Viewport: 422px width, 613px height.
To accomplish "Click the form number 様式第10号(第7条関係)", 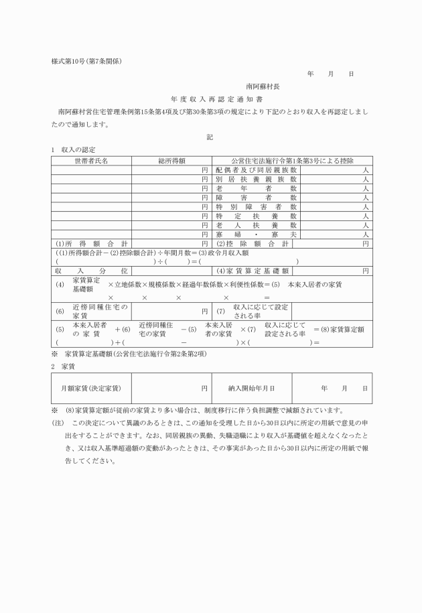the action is point(86,62).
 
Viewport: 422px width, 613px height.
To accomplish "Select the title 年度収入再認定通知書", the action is point(210,99).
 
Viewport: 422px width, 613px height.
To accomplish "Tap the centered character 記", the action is point(210,137).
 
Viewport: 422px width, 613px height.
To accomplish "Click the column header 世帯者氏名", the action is point(91,161).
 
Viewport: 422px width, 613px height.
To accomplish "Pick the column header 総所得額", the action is point(171,161).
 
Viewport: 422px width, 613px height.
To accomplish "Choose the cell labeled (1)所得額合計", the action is point(91,244).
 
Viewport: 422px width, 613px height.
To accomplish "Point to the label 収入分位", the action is point(91,271).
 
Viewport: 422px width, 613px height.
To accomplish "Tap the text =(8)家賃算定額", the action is point(339,330).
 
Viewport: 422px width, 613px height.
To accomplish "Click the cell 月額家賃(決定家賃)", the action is point(91,388).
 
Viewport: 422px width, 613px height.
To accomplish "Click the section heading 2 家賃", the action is point(62,366).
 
